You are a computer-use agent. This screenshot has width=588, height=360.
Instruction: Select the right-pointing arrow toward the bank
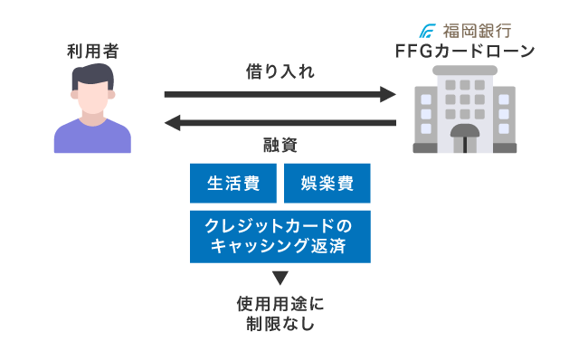280,94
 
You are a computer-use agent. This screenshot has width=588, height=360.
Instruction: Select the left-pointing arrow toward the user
280,122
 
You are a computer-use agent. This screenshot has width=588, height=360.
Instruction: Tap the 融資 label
280,145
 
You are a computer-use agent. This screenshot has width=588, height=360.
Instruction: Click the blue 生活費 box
234,184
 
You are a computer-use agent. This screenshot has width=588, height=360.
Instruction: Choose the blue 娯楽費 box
327,184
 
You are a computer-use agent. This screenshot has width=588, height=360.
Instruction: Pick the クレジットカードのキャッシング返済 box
280,236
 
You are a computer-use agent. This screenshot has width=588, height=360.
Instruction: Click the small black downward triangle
280,278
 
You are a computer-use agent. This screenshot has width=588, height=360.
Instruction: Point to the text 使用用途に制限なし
280,312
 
